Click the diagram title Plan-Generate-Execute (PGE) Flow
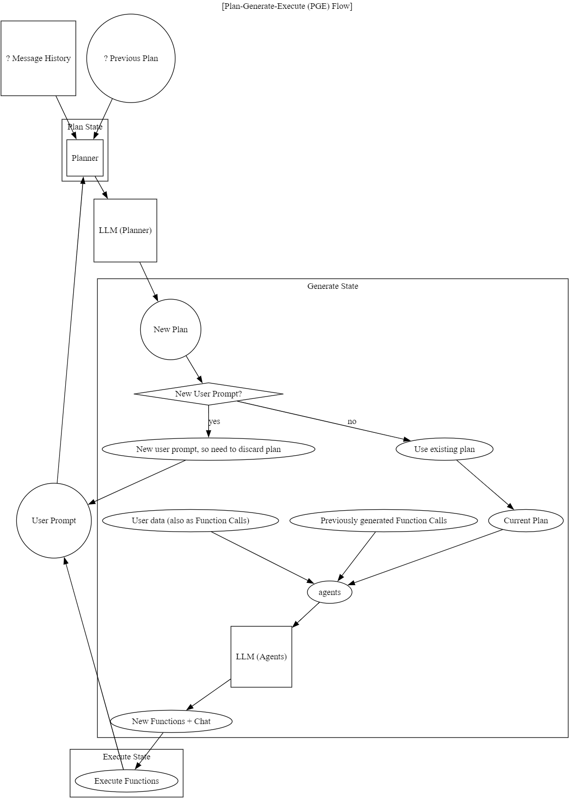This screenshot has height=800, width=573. [x=286, y=6]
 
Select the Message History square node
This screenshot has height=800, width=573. [x=38, y=58]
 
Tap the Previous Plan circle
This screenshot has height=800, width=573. [x=131, y=58]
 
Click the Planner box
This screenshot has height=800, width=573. [x=85, y=158]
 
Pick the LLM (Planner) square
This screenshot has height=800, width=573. [x=125, y=230]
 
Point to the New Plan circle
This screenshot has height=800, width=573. [x=171, y=329]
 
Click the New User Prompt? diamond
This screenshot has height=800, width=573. [x=208, y=394]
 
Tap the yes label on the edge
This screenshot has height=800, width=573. [x=214, y=421]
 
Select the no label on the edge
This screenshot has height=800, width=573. [x=352, y=421]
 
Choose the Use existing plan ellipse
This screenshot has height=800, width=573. [x=444, y=449]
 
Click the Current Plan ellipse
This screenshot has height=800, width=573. [x=525, y=520]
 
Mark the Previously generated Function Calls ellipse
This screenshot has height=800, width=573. [x=383, y=520]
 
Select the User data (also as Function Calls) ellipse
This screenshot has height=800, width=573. [x=191, y=520]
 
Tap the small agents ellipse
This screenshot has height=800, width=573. [x=329, y=592]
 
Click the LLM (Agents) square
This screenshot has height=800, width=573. [x=261, y=656]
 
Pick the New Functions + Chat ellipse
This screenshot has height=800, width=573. [x=171, y=721]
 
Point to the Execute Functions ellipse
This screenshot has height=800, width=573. [x=126, y=781]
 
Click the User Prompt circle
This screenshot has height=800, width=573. [x=54, y=520]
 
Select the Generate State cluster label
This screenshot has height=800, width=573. [x=333, y=286]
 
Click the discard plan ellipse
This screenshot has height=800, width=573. [x=208, y=449]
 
